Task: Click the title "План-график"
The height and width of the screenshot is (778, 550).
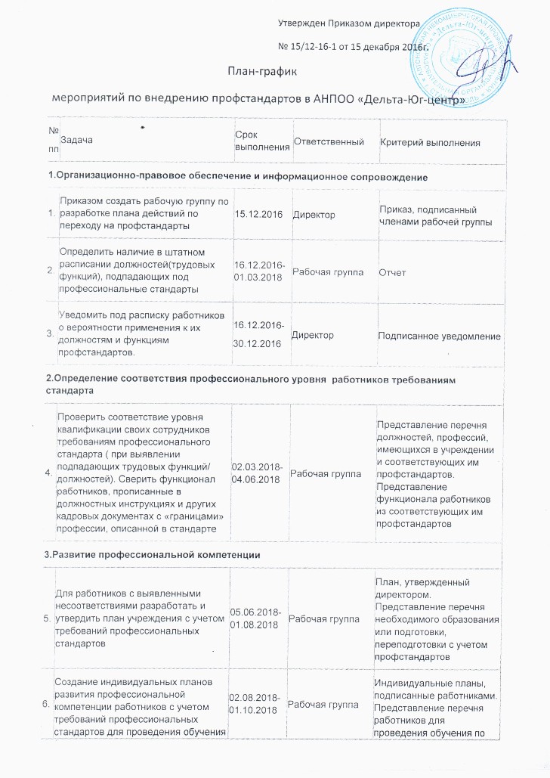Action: click(x=263, y=71)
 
